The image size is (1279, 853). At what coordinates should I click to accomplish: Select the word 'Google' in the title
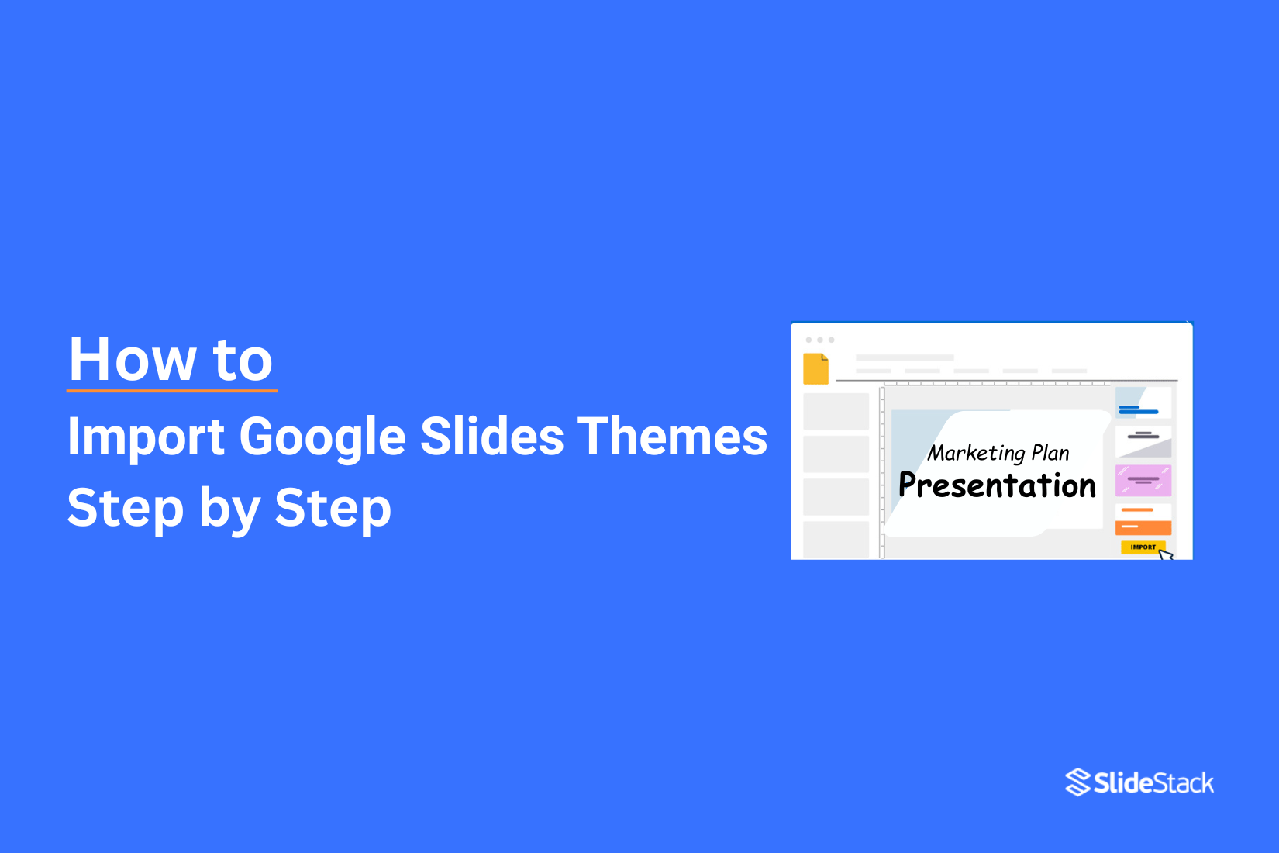click(322, 437)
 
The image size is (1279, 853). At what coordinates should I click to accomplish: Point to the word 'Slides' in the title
click(491, 437)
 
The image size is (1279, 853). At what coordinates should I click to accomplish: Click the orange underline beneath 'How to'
click(172, 390)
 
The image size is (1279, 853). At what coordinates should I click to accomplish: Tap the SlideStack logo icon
click(1077, 782)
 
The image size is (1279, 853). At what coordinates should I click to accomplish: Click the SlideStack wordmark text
click(1153, 783)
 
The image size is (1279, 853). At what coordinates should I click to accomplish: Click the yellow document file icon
click(815, 369)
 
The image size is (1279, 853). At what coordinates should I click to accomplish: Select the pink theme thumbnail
click(1143, 481)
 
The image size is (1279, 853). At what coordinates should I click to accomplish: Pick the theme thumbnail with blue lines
click(1143, 402)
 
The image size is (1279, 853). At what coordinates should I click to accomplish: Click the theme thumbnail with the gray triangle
click(1143, 441)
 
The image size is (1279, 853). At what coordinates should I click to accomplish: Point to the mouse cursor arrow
click(1165, 554)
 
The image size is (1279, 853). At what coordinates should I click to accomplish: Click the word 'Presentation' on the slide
click(997, 485)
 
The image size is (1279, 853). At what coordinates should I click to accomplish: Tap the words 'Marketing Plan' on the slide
click(998, 453)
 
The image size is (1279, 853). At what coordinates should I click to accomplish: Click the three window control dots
click(820, 340)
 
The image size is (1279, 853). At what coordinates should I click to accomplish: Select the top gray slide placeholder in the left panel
click(836, 411)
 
